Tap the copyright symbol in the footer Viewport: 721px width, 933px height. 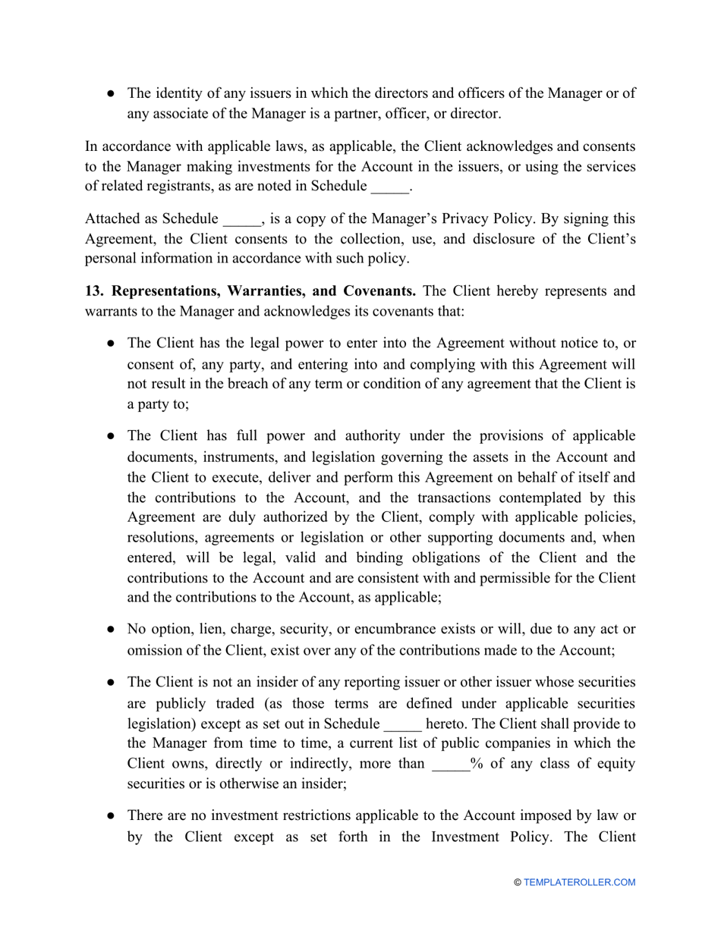(518, 882)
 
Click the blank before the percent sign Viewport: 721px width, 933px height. (451, 763)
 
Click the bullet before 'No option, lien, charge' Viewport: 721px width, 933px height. (112, 629)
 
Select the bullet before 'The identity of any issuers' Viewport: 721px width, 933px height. (112, 94)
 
